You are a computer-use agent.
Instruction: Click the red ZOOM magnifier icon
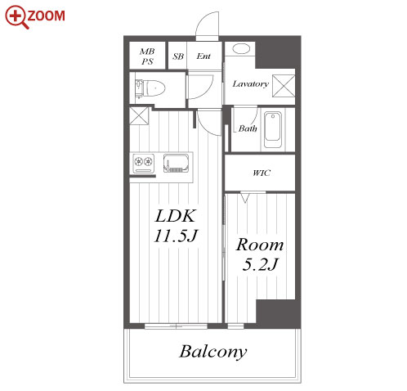tap(16, 17)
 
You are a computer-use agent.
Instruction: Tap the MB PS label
tap(147, 56)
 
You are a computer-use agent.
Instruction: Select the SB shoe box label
tap(178, 56)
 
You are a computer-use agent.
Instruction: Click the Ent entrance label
tap(203, 56)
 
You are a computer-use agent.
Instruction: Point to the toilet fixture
tap(150, 88)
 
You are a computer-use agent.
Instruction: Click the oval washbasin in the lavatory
tap(241, 49)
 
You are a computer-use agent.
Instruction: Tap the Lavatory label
tap(251, 83)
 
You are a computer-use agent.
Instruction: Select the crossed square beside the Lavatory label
tap(284, 86)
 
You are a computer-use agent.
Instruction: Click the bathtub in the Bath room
tap(272, 130)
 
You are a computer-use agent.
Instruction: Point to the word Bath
tap(248, 128)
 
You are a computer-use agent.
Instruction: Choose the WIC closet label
tap(262, 173)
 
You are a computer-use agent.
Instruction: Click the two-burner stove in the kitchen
tap(144, 163)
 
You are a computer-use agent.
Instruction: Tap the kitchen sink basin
tap(176, 163)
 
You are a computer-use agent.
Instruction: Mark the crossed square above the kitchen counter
tap(139, 115)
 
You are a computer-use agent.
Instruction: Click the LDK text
tap(175, 216)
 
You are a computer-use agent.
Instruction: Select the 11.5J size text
tap(175, 236)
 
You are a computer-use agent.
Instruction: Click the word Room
tap(260, 245)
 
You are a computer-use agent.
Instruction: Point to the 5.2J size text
tap(260, 264)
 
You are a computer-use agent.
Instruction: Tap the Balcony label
tap(213, 352)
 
